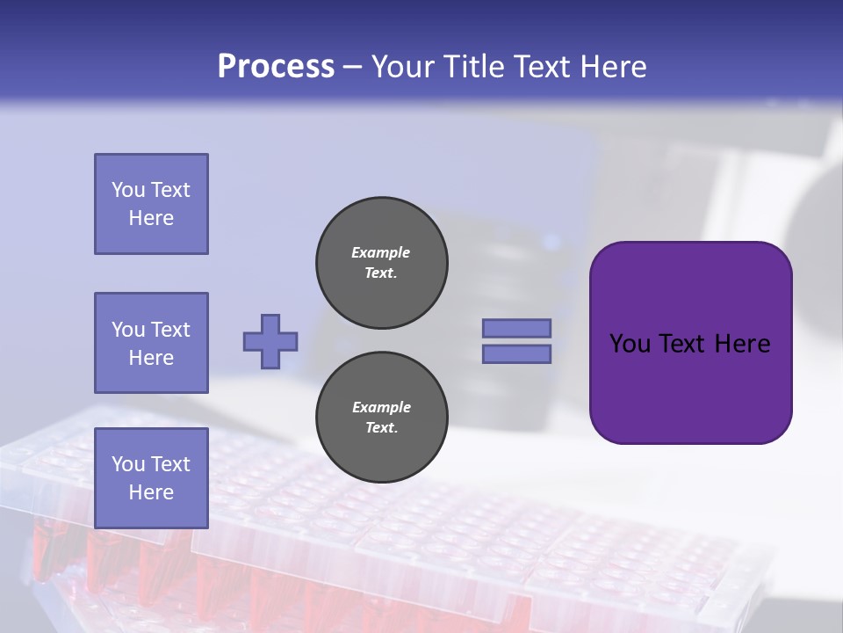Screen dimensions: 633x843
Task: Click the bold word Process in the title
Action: click(276, 67)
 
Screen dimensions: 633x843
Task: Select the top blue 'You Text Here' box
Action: click(151, 204)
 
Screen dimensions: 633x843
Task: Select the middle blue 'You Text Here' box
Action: click(151, 343)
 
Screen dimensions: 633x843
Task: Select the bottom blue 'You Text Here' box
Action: click(151, 478)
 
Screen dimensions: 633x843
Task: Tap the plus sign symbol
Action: click(270, 341)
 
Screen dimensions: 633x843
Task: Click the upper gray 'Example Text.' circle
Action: click(382, 263)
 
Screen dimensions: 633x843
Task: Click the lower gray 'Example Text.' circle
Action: click(382, 418)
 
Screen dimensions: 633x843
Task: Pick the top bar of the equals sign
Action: click(516, 328)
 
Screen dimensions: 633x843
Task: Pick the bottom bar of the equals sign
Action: click(516, 354)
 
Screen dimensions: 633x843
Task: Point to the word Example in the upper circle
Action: click(381, 252)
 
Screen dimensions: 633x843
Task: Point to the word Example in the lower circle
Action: click(381, 407)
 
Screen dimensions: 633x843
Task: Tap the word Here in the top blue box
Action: click(151, 218)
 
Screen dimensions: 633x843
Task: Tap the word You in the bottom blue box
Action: click(127, 464)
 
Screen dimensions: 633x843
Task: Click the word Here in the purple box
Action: click(742, 344)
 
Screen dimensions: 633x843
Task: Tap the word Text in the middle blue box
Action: click(169, 330)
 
